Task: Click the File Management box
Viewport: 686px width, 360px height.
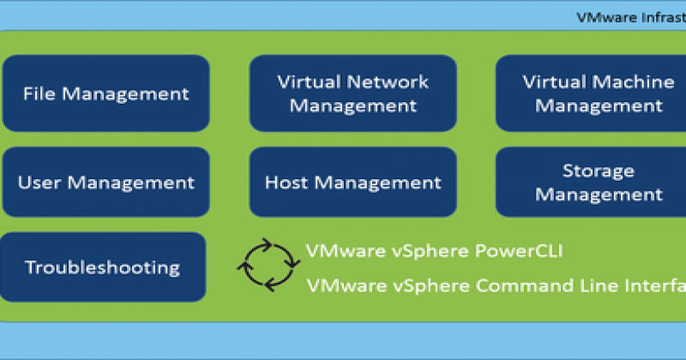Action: (x=105, y=93)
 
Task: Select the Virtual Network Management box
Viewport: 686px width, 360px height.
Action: (x=352, y=93)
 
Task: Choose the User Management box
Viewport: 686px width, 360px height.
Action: (x=105, y=183)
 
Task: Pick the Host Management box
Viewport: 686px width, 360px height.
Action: (x=352, y=183)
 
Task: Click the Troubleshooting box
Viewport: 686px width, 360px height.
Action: (x=103, y=267)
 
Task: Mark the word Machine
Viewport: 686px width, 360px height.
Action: (x=632, y=82)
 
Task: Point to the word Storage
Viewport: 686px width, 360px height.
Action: (x=598, y=171)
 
